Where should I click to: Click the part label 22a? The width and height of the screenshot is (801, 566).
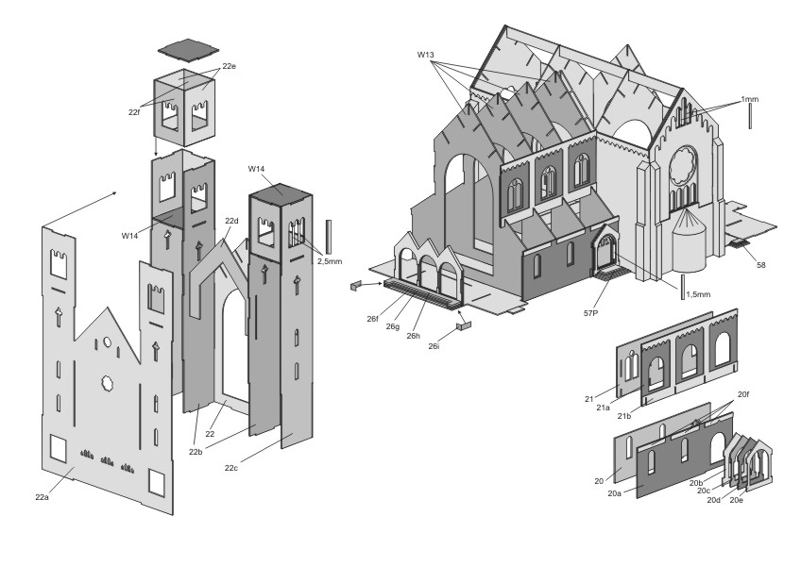click(42, 497)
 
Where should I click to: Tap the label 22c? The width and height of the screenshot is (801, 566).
click(230, 468)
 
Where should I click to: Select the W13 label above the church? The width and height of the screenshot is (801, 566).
click(425, 55)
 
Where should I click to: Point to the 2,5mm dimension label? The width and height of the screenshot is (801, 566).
click(330, 261)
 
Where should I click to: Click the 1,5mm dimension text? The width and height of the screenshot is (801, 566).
click(698, 294)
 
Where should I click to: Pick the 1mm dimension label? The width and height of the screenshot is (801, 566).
click(749, 99)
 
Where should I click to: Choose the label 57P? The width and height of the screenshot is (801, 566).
click(590, 313)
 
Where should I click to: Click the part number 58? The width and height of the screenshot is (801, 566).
click(761, 265)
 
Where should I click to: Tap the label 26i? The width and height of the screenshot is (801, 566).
click(434, 346)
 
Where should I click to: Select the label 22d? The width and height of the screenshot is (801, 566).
click(231, 221)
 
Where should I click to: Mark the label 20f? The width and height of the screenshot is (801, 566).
click(743, 394)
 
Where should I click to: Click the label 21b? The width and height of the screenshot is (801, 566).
click(623, 416)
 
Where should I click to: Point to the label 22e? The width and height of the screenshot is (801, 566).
click(229, 66)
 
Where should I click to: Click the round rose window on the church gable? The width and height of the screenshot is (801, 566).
click(683, 165)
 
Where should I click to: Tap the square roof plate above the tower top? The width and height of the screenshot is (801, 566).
click(188, 49)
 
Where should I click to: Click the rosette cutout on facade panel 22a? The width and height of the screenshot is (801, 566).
click(108, 383)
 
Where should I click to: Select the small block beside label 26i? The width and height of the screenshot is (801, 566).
click(464, 325)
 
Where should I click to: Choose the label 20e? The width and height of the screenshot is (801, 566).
click(736, 500)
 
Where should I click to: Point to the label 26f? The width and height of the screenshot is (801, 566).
click(372, 319)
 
